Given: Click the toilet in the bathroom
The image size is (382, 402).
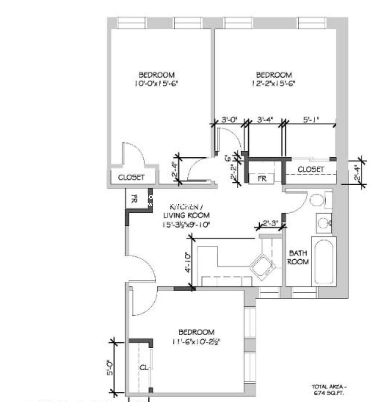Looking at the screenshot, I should (x=317, y=200).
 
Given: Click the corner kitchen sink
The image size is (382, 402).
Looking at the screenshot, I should (x=262, y=267).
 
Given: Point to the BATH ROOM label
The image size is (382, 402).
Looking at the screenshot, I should (x=298, y=257).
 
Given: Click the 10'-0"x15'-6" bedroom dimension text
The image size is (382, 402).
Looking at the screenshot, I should (x=156, y=83).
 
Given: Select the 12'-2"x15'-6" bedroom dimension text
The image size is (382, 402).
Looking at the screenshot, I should (x=273, y=83).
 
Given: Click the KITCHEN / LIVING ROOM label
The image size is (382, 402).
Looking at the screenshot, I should (x=186, y=215).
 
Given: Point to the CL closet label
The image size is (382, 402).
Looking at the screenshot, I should (x=144, y=368).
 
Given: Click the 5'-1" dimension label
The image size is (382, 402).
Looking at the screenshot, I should (x=311, y=119).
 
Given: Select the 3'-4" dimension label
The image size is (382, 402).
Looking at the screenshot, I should (x=265, y=119).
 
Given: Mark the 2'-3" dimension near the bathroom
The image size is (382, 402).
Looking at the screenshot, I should (x=270, y=223).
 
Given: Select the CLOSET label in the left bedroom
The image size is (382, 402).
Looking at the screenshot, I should (x=131, y=177).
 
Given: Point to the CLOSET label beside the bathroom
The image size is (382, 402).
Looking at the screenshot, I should (x=311, y=169).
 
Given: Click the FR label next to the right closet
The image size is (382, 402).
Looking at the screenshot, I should (x=262, y=179).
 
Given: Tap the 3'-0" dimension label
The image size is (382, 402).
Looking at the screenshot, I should (x=229, y=119).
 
